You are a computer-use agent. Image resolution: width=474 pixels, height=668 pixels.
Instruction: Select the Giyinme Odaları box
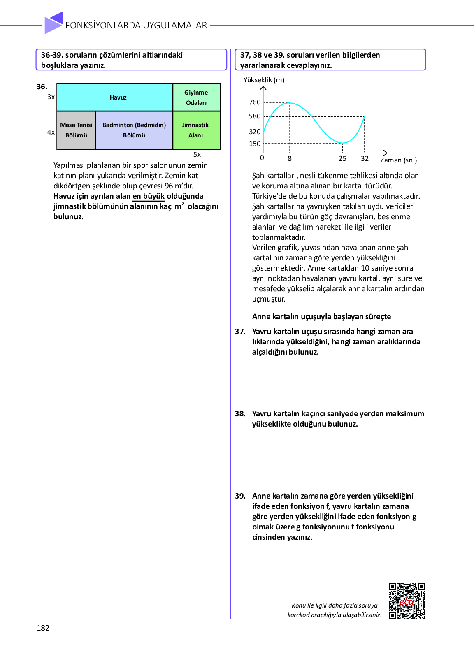196,97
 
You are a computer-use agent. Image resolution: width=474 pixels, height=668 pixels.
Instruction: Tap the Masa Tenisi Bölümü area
76,130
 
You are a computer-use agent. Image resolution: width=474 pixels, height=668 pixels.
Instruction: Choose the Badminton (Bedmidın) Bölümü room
134,130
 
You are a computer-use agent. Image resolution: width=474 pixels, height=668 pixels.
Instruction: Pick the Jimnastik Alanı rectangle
196,130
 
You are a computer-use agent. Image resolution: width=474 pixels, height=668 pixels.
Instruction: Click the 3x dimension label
51,97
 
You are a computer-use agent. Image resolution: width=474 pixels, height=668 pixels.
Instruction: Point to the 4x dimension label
51,132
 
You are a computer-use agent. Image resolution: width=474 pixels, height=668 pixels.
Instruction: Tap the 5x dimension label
197,155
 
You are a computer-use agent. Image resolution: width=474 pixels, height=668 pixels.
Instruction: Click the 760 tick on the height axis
255,102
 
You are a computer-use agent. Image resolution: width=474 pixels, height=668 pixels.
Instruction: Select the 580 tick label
255,116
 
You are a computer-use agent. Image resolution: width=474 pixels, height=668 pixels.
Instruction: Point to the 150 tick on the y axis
255,144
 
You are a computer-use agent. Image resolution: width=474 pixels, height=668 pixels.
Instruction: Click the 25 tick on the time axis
342,159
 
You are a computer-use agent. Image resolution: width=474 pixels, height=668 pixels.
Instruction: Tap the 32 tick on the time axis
365,159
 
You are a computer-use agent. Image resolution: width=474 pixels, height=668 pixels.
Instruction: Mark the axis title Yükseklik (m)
264,80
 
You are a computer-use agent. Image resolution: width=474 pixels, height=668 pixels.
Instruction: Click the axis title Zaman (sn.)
398,160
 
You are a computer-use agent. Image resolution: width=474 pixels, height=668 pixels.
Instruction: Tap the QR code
407,601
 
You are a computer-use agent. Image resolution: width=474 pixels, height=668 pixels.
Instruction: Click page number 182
43,628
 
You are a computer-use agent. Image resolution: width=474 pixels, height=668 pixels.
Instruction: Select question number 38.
240,414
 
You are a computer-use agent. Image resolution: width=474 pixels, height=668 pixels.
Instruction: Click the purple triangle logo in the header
53,23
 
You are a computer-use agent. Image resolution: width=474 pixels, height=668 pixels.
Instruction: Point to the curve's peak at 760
290,103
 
